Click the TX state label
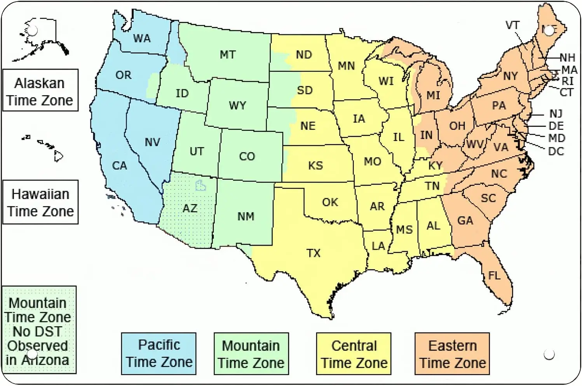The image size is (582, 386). tap(313, 253)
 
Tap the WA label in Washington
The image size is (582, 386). tap(142, 38)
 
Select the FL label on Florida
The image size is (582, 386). tap(494, 276)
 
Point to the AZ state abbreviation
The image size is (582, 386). tap(190, 208)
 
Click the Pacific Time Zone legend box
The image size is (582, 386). tap(159, 353)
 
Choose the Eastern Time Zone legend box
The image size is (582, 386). tap(452, 353)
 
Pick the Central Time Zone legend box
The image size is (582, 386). tap(354, 353)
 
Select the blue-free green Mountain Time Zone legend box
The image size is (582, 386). tap(251, 353)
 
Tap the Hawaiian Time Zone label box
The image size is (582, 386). tap(40, 202)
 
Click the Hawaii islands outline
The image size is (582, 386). tap(45, 148)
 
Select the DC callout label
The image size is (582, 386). tap(556, 151)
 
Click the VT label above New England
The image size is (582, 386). tap(512, 25)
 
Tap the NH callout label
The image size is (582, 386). tap(567, 58)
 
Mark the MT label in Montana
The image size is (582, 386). tap(228, 55)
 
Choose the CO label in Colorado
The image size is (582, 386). tap(247, 156)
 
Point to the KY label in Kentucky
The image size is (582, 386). tap(435, 166)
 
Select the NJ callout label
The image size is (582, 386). tap(556, 114)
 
